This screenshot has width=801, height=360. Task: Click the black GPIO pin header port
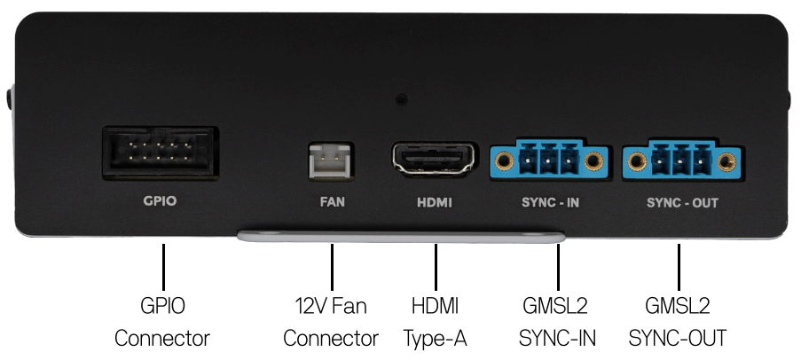[x=161, y=153]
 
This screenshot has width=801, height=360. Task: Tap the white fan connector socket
[x=331, y=160]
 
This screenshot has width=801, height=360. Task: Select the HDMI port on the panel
[x=435, y=159]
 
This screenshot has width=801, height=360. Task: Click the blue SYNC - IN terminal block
[x=549, y=159]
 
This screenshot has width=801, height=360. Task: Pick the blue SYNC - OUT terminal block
[x=681, y=159]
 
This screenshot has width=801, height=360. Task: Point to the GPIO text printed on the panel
[x=160, y=200]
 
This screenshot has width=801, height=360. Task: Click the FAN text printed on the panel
[x=332, y=202]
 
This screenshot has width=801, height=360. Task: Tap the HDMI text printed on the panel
[x=435, y=203]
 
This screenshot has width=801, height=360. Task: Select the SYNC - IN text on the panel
[x=550, y=203]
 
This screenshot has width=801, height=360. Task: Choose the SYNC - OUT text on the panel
[x=682, y=203]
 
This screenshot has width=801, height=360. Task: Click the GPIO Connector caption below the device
[x=162, y=322]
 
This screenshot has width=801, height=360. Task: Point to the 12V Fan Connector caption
[x=331, y=322]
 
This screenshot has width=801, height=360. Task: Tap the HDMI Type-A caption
[x=436, y=322]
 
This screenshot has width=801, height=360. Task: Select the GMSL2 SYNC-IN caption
[x=557, y=322]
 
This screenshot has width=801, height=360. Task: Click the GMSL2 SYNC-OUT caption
[x=678, y=322]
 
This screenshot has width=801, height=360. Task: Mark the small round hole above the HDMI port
[x=402, y=99]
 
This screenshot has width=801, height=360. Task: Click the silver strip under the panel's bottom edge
[x=402, y=237]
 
